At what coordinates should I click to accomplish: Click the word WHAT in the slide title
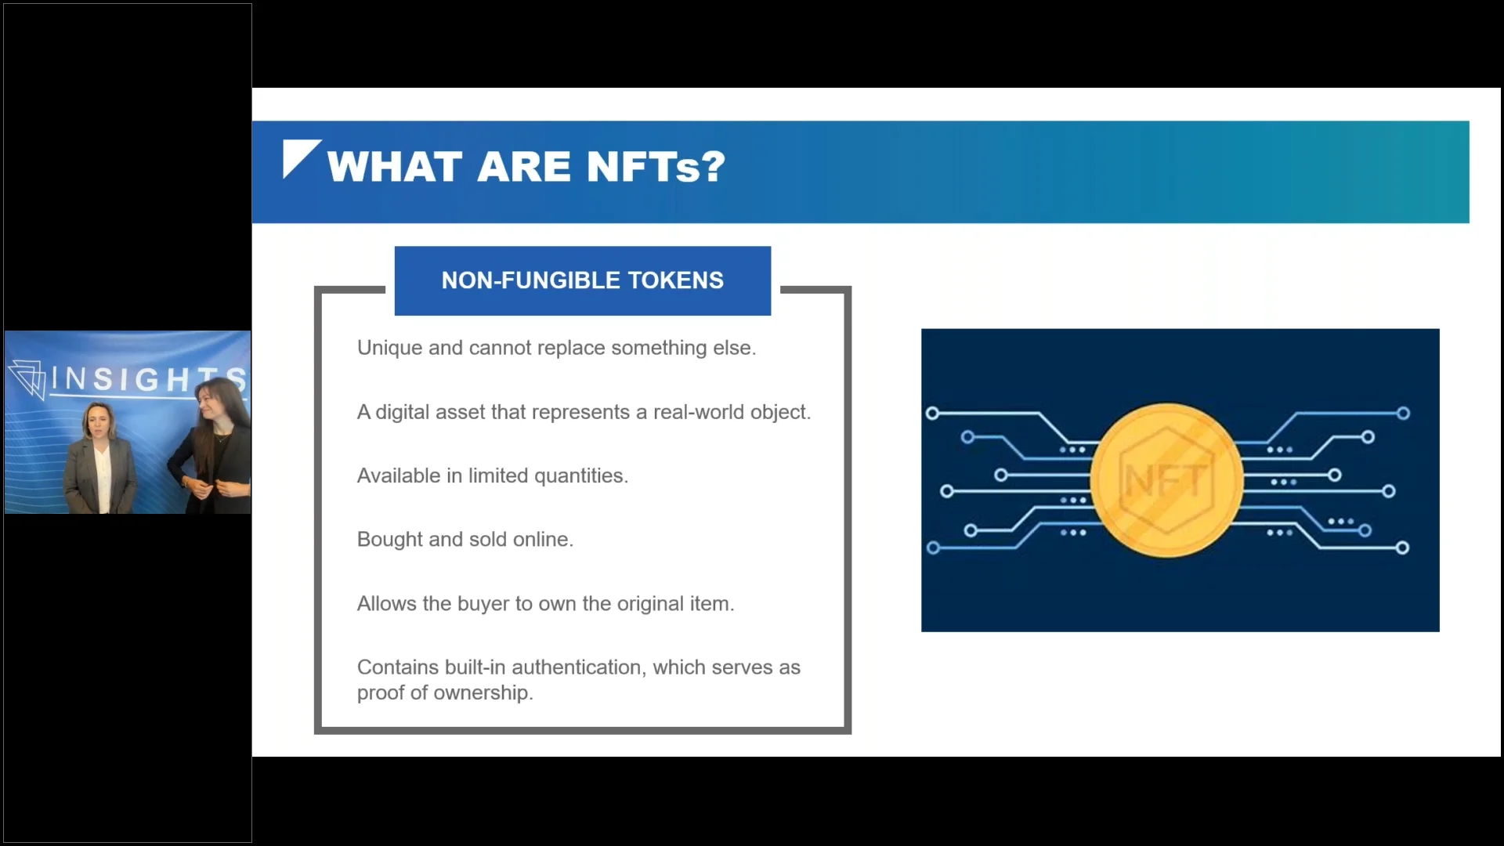pyautogui.click(x=394, y=167)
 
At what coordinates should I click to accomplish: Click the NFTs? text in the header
pyautogui.click(x=656, y=167)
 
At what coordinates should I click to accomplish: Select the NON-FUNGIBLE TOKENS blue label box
pyautogui.click(x=582, y=280)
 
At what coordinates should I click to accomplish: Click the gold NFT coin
pyautogui.click(x=1166, y=480)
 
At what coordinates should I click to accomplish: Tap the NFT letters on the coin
pyautogui.click(x=1166, y=480)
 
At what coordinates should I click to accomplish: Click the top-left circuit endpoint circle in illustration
pyautogui.click(x=932, y=413)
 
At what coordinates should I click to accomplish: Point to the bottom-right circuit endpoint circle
pyautogui.click(x=1402, y=548)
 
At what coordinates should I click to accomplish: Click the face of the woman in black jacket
pyautogui.click(x=211, y=406)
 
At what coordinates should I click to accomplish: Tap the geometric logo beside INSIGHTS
pyautogui.click(x=28, y=379)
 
